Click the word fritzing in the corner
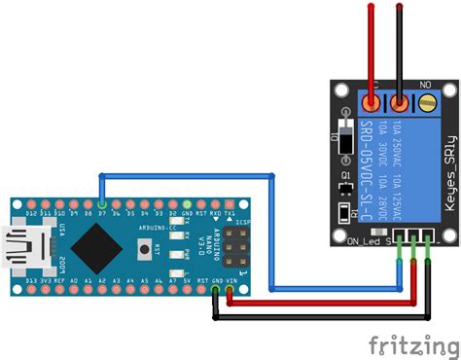(x=409, y=342)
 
